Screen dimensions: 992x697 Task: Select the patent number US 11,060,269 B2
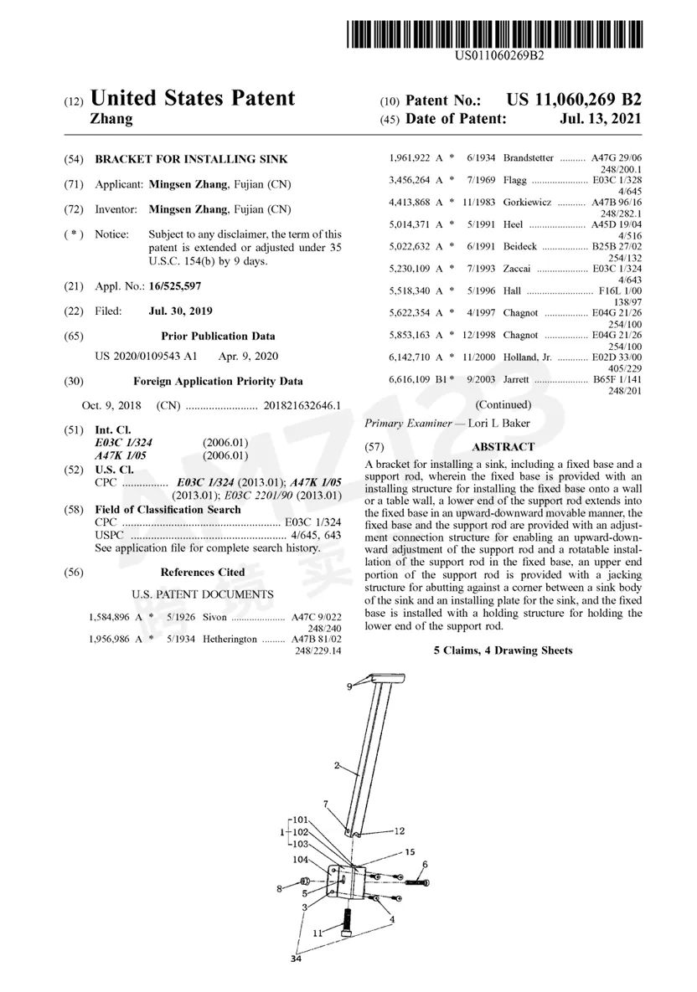click(x=575, y=100)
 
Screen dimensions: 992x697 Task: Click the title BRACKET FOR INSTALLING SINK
click(x=191, y=159)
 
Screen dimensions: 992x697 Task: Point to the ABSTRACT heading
click(x=503, y=447)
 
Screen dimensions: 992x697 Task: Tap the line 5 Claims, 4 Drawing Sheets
click(x=503, y=650)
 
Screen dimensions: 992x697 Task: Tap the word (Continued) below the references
click(x=503, y=403)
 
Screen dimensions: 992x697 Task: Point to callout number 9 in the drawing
click(x=351, y=686)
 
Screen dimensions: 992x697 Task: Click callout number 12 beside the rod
click(x=399, y=831)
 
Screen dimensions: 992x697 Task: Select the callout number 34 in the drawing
click(x=295, y=959)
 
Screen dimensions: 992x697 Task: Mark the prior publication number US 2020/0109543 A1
click(x=147, y=356)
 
